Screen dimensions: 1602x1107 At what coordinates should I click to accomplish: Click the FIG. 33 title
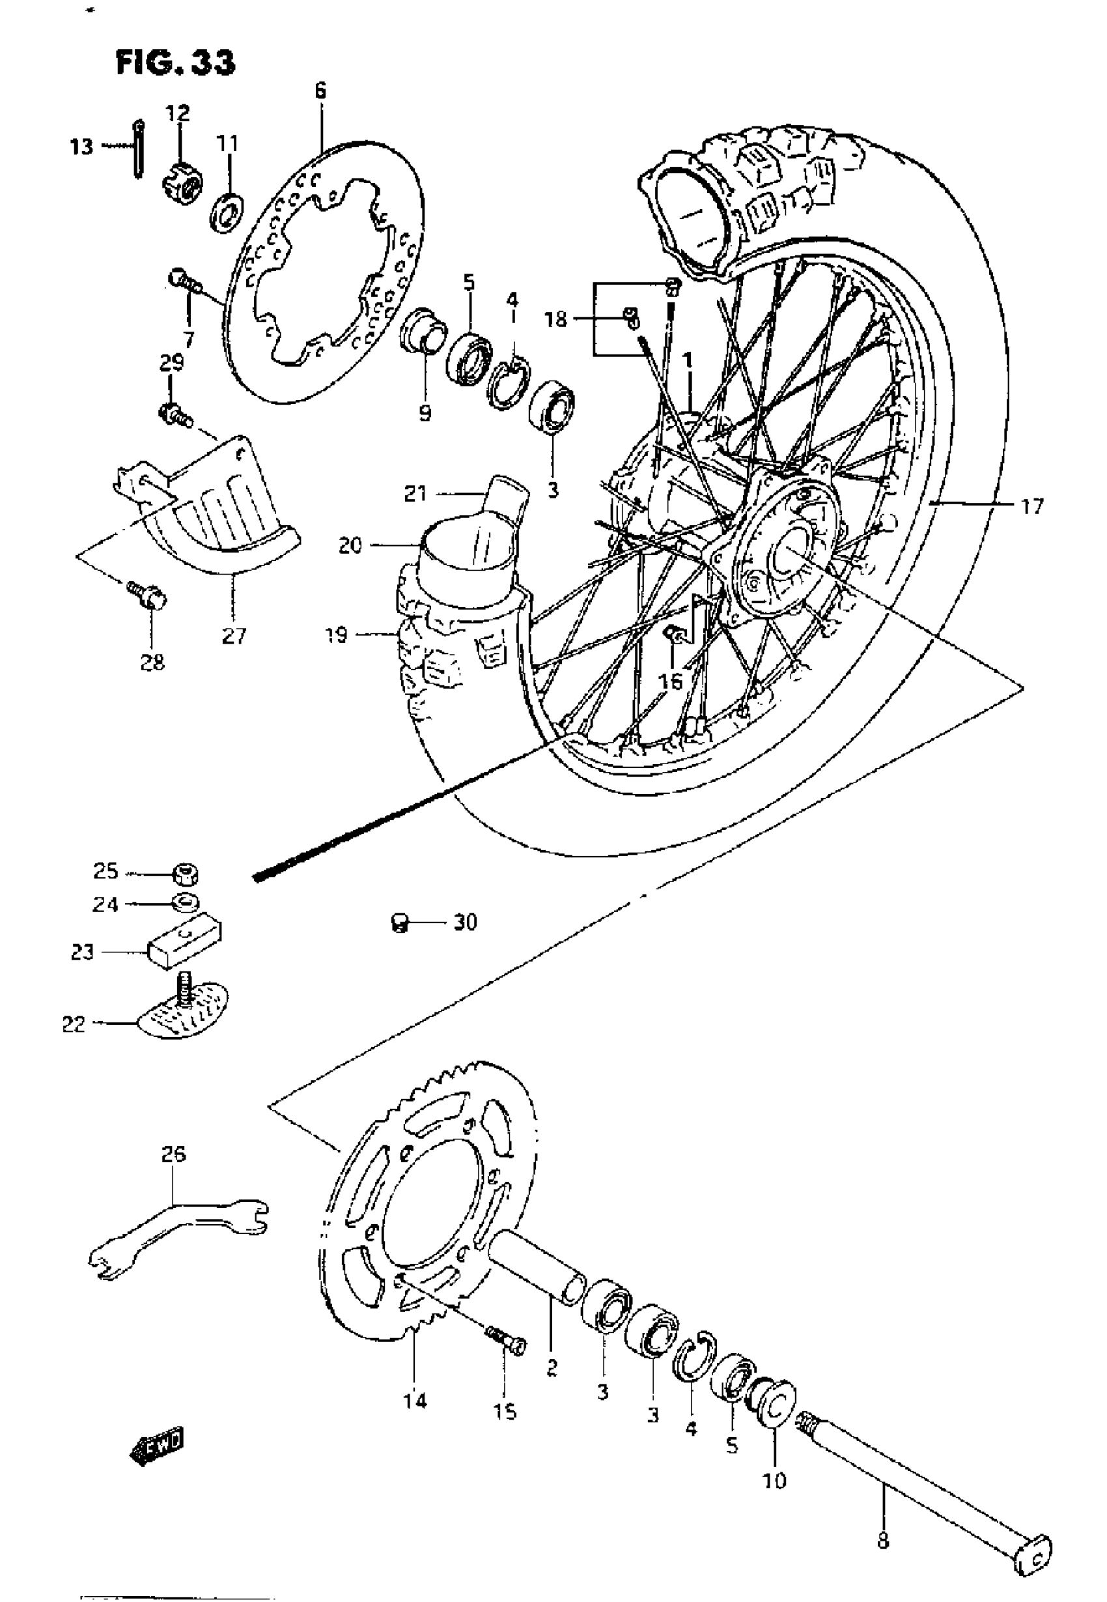(x=175, y=63)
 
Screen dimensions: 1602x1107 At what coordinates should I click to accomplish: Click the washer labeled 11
(x=226, y=211)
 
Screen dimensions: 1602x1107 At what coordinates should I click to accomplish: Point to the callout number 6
(x=319, y=90)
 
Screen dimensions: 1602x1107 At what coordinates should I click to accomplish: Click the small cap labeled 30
(x=398, y=923)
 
